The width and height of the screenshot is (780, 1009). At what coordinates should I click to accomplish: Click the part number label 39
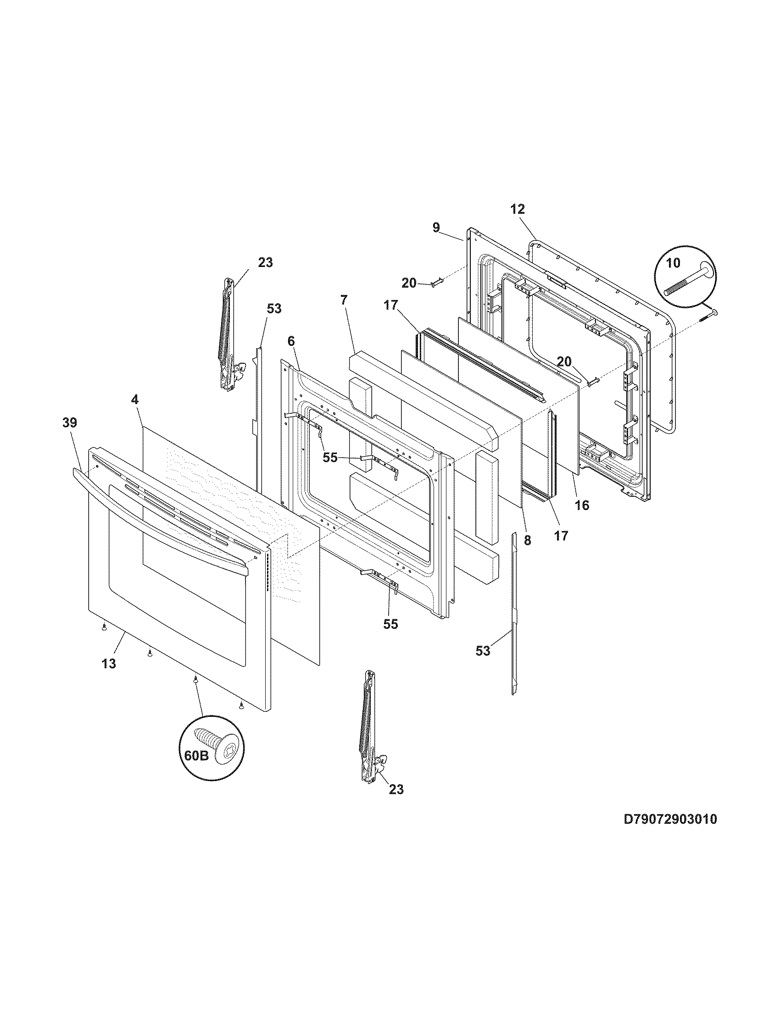pos(70,423)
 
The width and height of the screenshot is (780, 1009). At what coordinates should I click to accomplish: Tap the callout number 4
pos(134,400)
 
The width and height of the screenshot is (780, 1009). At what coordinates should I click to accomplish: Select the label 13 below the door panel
pos(109,664)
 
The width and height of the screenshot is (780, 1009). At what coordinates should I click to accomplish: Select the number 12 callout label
pos(518,209)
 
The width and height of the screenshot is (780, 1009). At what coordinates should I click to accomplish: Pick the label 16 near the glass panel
pos(582,505)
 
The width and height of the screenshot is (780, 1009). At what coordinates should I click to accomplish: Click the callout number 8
pos(528,540)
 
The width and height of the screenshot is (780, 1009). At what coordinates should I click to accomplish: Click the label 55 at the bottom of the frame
pos(390,624)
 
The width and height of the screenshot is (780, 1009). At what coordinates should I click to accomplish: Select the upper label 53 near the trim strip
pos(274,308)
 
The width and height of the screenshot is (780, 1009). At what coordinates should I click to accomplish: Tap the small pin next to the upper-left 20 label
pos(437,282)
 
